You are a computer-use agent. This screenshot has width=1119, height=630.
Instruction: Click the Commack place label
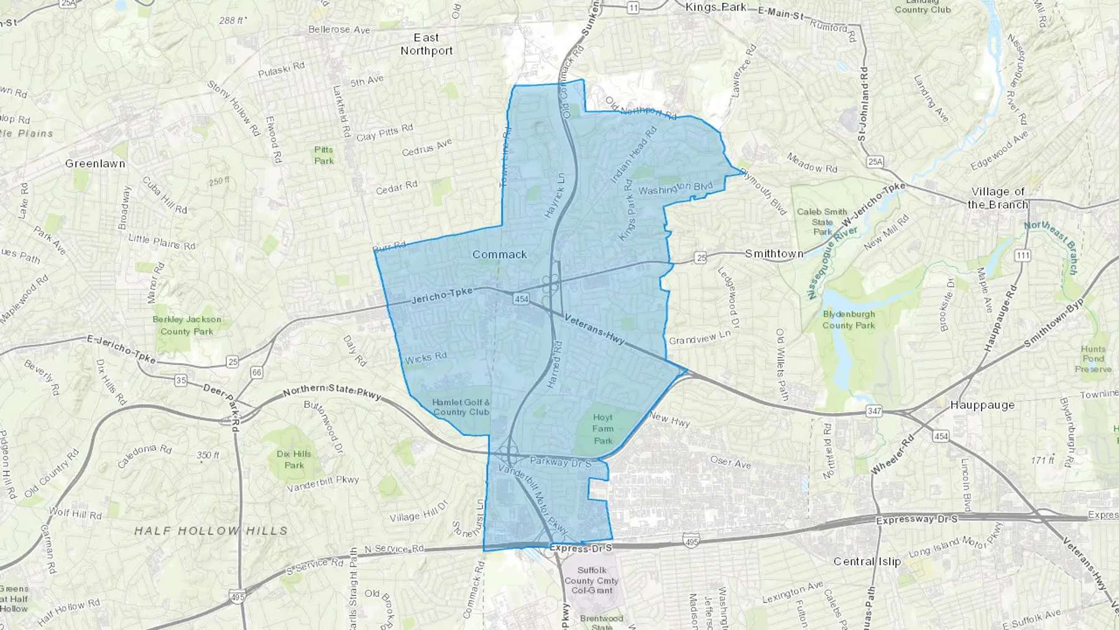coord(499,254)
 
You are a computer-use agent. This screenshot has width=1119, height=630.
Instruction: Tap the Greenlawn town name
coord(95,164)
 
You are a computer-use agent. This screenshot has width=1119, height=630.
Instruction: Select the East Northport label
coord(426,44)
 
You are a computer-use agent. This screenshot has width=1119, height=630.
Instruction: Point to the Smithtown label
coord(774,254)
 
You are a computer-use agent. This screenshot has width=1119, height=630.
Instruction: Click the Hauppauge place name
coord(982,405)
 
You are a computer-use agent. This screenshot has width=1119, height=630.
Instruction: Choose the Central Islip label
coord(867,562)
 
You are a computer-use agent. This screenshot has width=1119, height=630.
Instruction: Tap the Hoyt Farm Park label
coord(602,429)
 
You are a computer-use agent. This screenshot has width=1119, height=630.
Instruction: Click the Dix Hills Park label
coord(294,460)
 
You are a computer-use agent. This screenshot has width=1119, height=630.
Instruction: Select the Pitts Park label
coord(324,155)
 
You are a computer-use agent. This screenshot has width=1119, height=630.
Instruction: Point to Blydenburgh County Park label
coord(849,320)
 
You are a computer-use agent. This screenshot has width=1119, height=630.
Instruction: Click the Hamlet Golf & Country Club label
coord(461,407)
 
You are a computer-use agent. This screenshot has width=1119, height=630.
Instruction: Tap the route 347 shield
coord(874,412)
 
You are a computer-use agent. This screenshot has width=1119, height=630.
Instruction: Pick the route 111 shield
coord(1022,256)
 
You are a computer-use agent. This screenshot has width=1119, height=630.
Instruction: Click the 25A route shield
coord(875,162)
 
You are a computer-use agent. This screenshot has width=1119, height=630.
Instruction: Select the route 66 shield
coord(256,373)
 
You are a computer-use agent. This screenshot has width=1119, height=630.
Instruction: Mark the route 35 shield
coord(180,380)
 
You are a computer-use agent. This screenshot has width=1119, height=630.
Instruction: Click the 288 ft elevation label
coord(231,21)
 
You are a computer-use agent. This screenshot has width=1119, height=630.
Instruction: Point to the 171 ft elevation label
coord(1042,461)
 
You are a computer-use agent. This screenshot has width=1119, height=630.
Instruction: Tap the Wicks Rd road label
coord(426,358)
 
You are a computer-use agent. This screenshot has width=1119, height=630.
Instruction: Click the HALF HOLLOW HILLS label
coord(211,531)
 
